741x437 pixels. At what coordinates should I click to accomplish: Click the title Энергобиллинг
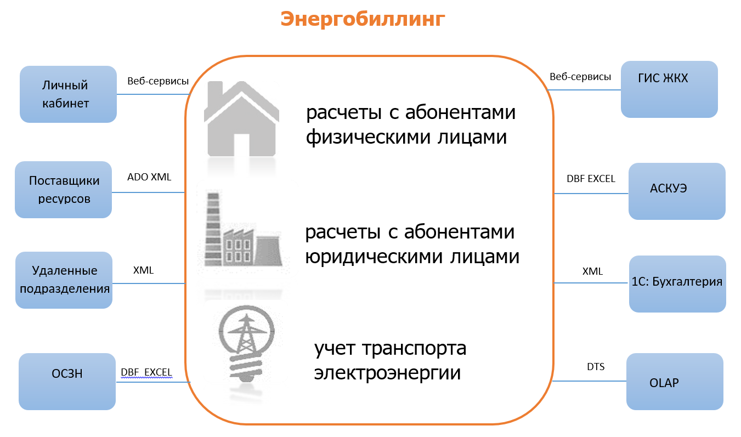pos(363,19)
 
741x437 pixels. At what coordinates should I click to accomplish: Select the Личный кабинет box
pos(68,94)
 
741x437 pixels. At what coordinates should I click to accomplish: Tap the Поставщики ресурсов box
pos(64,190)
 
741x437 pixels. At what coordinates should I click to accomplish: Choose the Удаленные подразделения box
pos(64,280)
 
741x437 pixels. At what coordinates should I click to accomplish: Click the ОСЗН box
pos(67,382)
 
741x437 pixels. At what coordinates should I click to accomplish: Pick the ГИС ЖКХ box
pos(669,89)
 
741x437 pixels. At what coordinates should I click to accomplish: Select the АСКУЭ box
pos(677,191)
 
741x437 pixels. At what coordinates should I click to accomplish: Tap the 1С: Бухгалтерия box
pos(677,284)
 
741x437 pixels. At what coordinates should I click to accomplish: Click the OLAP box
pos(675,382)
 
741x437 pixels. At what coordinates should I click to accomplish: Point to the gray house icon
pos(241,119)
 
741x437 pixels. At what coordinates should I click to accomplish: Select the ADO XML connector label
pos(149,177)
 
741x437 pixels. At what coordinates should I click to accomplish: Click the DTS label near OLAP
pos(596,366)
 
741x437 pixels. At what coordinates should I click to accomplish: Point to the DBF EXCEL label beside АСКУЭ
pos(591,179)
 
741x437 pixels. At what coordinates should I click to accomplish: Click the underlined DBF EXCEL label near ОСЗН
pos(146,372)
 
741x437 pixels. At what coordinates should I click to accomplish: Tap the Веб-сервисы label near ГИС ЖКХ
pos(580,77)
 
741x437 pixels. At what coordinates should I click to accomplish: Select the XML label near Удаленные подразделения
pos(143,270)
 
